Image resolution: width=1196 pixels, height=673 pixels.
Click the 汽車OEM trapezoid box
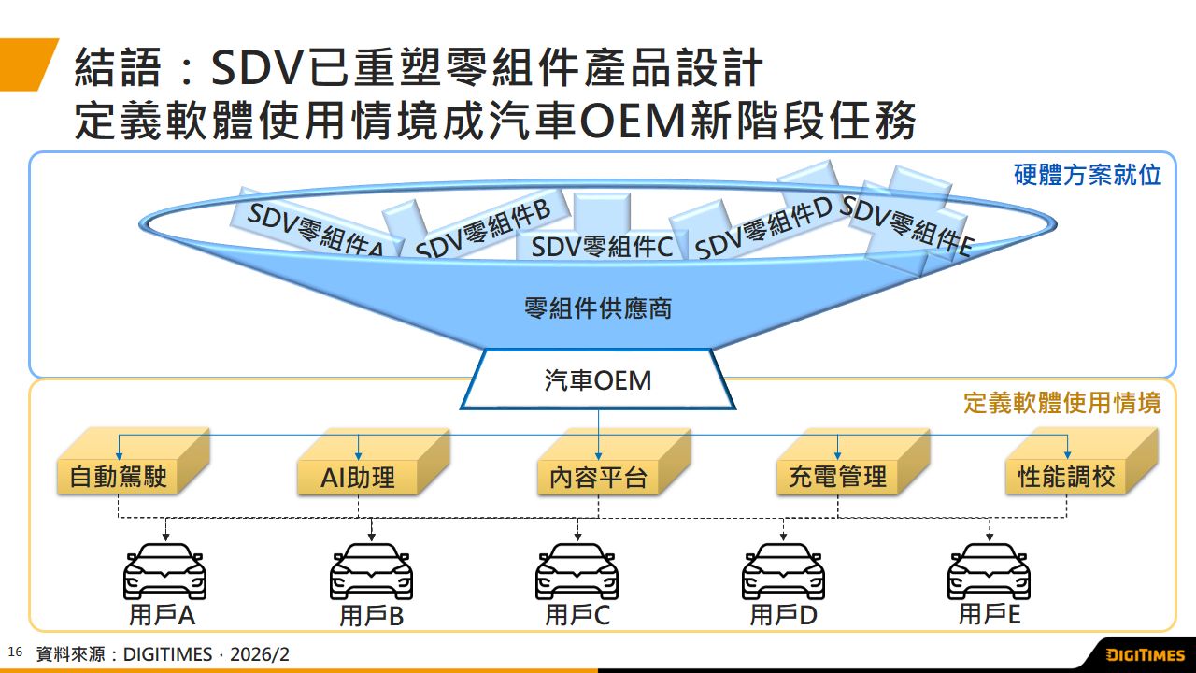(x=598, y=381)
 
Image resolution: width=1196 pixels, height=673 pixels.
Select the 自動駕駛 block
(x=118, y=478)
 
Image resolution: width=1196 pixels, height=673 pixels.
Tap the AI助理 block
(x=358, y=478)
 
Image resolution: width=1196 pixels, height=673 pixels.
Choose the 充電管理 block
(x=837, y=478)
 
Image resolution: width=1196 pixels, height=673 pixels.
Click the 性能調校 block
(x=1066, y=478)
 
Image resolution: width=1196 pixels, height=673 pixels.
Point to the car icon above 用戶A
(x=165, y=571)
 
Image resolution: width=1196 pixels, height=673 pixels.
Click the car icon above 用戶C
(x=577, y=571)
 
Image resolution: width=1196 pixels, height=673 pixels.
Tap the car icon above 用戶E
(x=989, y=571)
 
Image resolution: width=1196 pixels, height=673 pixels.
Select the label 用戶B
(x=371, y=616)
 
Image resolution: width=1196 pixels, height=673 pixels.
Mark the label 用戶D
(x=783, y=616)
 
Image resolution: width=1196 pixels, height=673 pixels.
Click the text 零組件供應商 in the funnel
(x=598, y=308)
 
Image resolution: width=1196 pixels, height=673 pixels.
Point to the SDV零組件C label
(x=602, y=248)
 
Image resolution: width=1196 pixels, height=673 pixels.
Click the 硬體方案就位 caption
(x=1088, y=175)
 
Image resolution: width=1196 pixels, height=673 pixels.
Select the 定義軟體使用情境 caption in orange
(x=1061, y=403)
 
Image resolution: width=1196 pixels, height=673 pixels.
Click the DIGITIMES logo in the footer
(x=1145, y=655)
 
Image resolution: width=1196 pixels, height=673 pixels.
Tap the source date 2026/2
(x=260, y=654)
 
